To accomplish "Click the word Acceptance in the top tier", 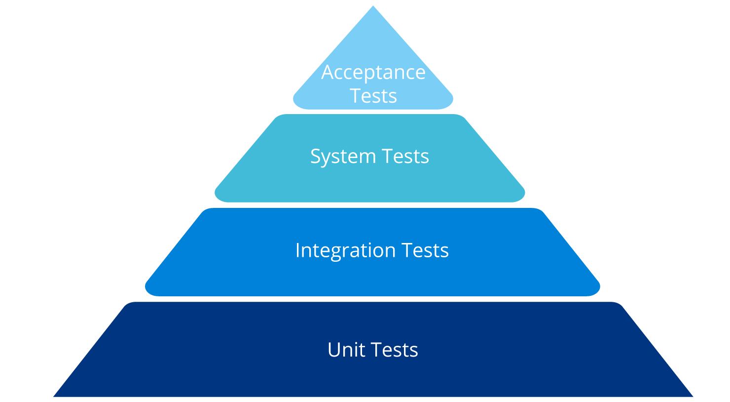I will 373,73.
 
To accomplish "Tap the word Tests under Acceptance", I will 373,96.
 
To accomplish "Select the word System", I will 343,157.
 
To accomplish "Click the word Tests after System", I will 405,156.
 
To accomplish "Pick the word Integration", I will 345,251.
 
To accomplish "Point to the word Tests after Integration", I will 425,250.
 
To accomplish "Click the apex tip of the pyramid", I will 373,6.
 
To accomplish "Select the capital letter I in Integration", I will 297,250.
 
